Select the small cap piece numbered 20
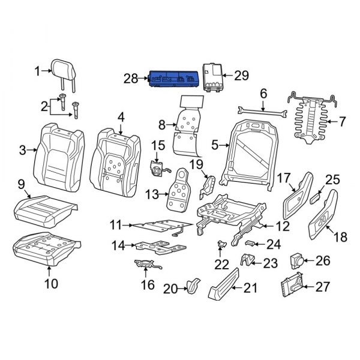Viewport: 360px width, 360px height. (191, 287)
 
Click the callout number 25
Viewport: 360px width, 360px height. (332, 179)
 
